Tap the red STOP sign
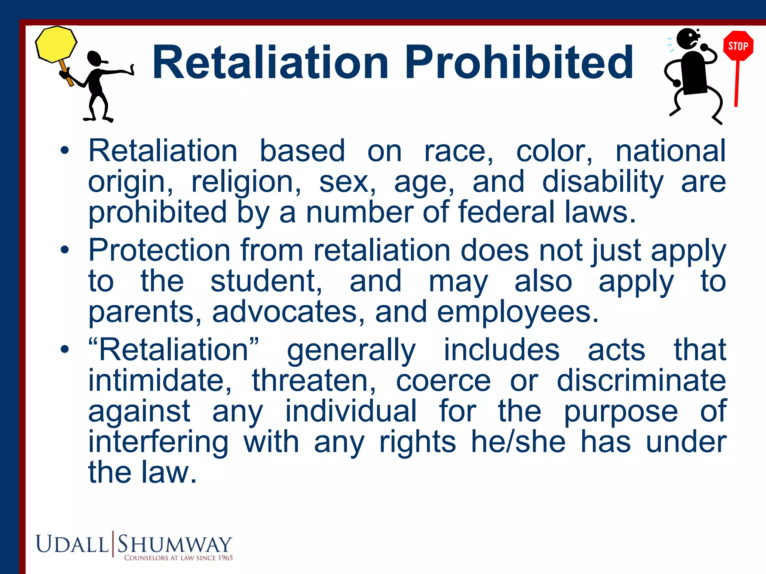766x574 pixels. click(x=738, y=46)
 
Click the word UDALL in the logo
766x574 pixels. click(x=72, y=544)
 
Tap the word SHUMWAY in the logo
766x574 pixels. click(x=175, y=544)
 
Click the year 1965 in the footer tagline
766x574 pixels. click(x=225, y=558)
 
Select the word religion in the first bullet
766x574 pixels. click(x=246, y=182)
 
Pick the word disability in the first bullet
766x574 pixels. click(x=603, y=182)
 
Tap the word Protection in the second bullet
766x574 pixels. click(x=159, y=250)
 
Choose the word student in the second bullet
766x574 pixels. click(x=266, y=281)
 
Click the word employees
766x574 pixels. click(x=518, y=312)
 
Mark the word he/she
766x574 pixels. click(x=518, y=442)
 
